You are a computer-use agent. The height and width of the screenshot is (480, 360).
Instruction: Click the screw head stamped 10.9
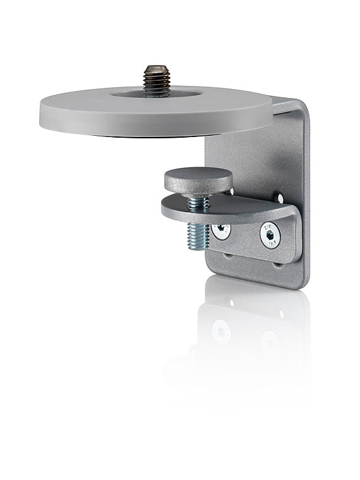[270, 235]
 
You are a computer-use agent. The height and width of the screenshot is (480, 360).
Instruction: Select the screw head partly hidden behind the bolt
[221, 231]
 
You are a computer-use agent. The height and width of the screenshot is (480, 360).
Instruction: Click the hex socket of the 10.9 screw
[271, 234]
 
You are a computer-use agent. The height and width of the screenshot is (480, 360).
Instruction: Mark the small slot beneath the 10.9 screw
[276, 264]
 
